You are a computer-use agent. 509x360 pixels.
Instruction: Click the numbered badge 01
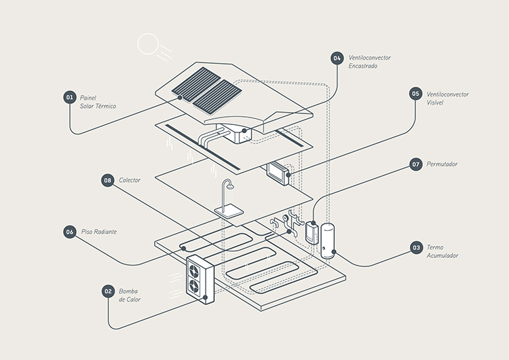(x=69, y=98)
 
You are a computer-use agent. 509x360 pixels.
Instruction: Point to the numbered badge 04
(x=337, y=58)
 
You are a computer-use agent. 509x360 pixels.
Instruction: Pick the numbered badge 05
(x=415, y=94)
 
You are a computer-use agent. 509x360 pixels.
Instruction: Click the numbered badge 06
(x=69, y=232)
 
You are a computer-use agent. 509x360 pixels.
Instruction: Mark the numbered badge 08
(x=107, y=180)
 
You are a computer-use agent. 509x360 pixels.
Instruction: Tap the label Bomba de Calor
(x=130, y=295)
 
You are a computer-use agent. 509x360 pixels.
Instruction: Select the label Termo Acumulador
(x=443, y=251)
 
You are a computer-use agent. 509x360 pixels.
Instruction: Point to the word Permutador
(x=442, y=164)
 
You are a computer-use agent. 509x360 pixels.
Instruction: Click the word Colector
(x=130, y=180)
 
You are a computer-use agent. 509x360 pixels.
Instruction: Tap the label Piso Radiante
(x=98, y=232)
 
